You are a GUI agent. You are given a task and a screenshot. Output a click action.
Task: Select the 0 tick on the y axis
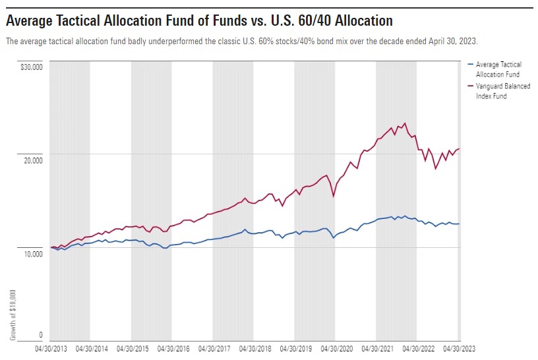(x=41, y=335)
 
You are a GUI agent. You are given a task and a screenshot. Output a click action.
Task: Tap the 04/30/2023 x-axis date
(x=458, y=349)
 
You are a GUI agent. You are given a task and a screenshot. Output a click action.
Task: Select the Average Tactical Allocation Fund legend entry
(x=498, y=69)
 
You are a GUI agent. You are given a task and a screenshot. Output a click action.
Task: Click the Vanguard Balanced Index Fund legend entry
(x=502, y=91)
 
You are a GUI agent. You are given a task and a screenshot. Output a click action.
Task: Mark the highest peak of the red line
(x=405, y=123)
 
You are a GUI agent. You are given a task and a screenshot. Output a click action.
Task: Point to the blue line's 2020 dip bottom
(x=334, y=237)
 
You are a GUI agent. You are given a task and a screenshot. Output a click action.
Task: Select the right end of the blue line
(x=460, y=224)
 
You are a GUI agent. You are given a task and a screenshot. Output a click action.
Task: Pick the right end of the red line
(x=460, y=148)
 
